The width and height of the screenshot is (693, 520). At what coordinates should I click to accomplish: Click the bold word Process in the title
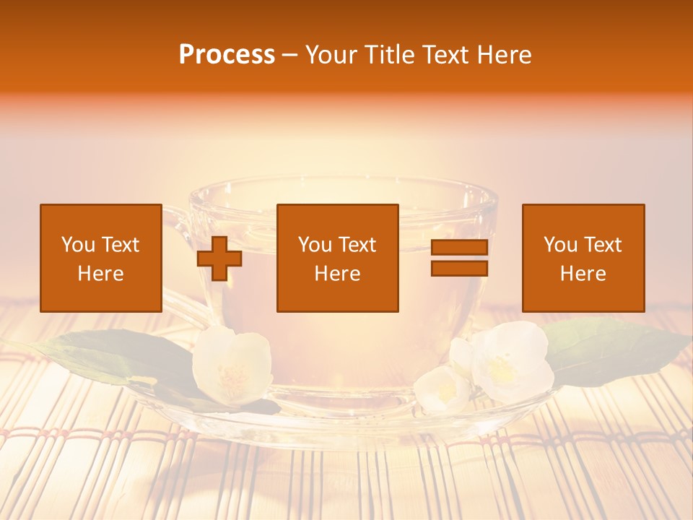pyautogui.click(x=227, y=55)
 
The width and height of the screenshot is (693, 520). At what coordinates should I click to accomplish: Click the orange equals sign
pyautogui.click(x=459, y=258)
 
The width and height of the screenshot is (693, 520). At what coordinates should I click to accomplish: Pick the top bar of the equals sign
pyautogui.click(x=459, y=248)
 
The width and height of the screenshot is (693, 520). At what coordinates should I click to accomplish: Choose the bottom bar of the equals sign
pyautogui.click(x=459, y=268)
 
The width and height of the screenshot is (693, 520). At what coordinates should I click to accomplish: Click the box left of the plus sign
pyautogui.click(x=101, y=258)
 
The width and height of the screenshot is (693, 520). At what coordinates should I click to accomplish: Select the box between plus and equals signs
pyautogui.click(x=337, y=258)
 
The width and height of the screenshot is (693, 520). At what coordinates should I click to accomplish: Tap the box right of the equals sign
pyautogui.click(x=583, y=258)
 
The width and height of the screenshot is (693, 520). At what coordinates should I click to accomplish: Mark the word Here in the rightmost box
pyautogui.click(x=583, y=274)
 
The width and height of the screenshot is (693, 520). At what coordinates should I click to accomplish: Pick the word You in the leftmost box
pyautogui.click(x=78, y=245)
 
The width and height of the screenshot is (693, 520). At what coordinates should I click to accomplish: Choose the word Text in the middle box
pyautogui.click(x=357, y=245)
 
